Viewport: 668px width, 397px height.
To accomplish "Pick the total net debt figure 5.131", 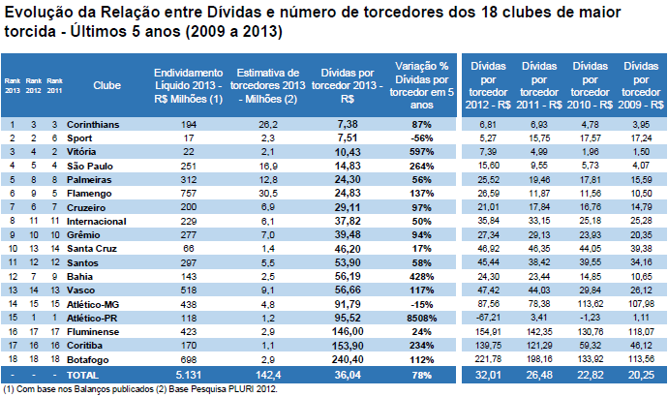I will (x=188, y=372).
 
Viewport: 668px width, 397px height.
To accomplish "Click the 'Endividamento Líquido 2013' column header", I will (x=188, y=85).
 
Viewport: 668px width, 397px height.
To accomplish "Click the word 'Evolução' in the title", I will (x=36, y=12).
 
